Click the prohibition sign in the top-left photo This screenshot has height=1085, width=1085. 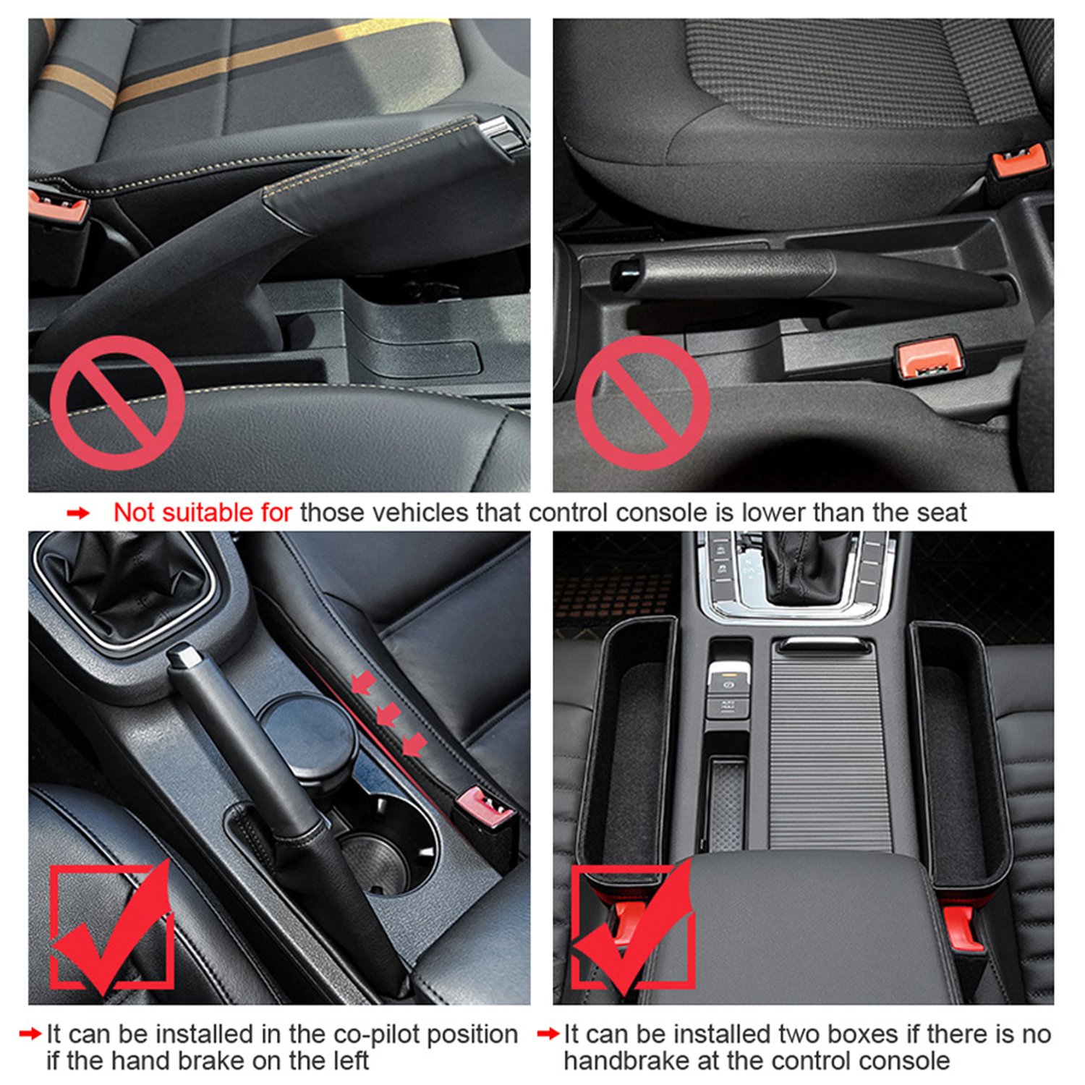tap(117, 402)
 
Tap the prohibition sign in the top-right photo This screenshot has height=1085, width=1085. tap(642, 402)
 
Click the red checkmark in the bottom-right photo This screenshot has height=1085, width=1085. tap(634, 928)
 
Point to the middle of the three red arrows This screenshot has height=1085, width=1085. tap(388, 715)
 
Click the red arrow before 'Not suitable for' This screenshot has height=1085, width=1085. tap(78, 514)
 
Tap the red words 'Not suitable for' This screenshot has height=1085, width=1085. tap(203, 513)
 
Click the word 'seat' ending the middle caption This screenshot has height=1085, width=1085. tap(941, 513)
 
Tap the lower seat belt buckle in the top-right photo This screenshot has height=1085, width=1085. tap(929, 357)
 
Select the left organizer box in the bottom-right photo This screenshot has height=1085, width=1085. tap(628, 752)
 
